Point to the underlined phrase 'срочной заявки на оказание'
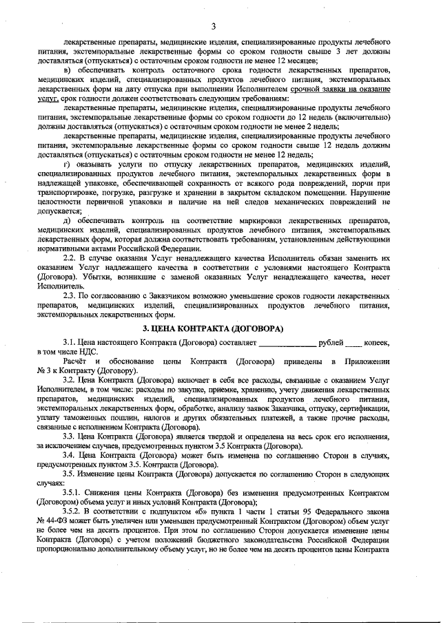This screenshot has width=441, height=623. pyautogui.click(x=345, y=90)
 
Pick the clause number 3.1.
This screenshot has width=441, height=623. pyautogui.click(x=69, y=341)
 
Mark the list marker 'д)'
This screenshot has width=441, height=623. pyautogui.click(x=66, y=220)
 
